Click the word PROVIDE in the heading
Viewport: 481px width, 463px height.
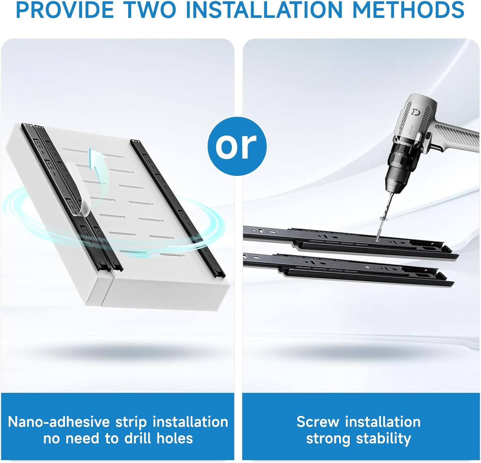coord(64,10)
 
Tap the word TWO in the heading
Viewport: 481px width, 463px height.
coord(150,10)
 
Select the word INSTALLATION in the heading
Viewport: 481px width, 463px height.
coord(264,10)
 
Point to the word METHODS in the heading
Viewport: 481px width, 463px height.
coord(408,10)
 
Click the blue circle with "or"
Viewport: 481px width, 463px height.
coord(237,146)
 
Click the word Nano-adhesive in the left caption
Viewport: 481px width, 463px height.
coord(59,422)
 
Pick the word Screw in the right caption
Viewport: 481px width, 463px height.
coord(318,422)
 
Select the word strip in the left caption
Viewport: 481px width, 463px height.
coord(131,422)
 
